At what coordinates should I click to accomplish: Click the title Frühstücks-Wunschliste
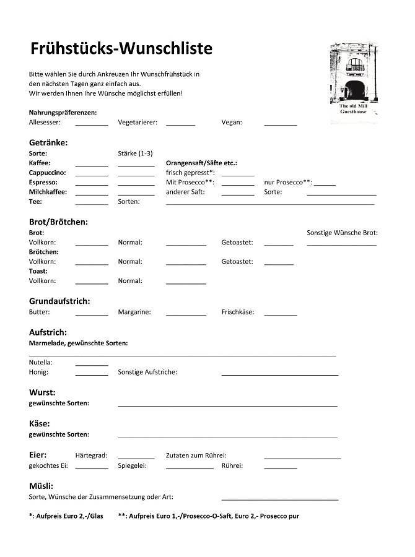(x=121, y=48)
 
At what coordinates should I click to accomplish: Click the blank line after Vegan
(x=281, y=124)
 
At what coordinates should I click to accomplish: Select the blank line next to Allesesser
(x=92, y=124)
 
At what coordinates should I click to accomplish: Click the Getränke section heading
(x=48, y=142)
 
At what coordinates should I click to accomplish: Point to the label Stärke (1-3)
(x=135, y=153)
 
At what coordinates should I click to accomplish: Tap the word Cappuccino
(x=47, y=173)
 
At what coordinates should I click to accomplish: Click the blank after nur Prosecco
(x=325, y=184)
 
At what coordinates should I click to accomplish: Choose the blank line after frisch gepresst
(x=238, y=175)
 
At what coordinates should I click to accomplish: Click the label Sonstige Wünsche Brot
(x=342, y=233)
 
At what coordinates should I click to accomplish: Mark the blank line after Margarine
(x=186, y=314)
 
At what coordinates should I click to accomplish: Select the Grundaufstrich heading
(x=59, y=301)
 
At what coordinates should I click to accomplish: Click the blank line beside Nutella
(x=92, y=364)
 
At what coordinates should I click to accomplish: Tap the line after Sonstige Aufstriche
(x=280, y=374)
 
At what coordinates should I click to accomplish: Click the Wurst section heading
(x=42, y=392)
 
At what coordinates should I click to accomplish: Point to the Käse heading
(x=40, y=423)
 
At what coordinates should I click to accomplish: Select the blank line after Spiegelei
(x=190, y=467)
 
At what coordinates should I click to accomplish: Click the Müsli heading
(x=41, y=485)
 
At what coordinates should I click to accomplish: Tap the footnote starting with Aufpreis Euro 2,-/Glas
(x=66, y=516)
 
